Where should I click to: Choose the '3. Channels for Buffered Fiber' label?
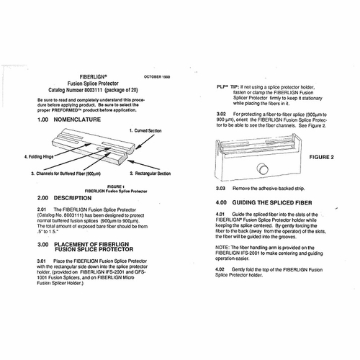click(x=66, y=174)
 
